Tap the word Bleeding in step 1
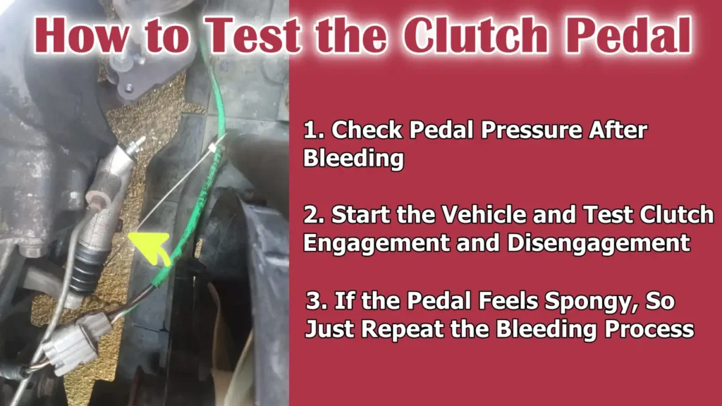tap(353, 158)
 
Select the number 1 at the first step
tap(311, 131)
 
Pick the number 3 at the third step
tap(314, 302)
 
